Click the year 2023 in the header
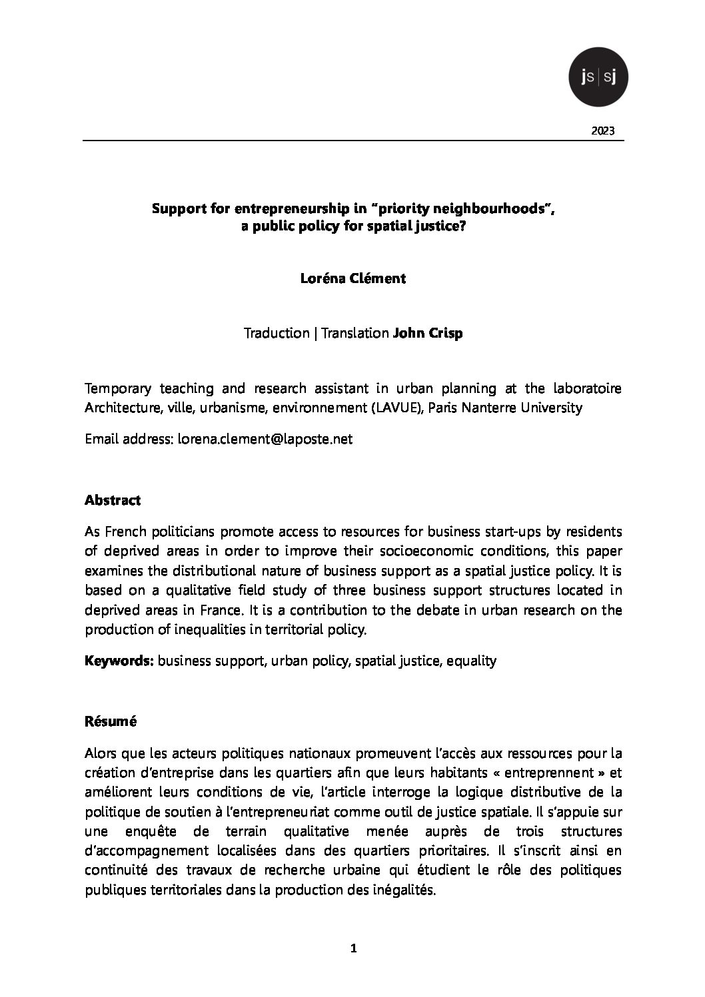[x=603, y=131]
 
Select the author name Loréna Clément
[x=352, y=278]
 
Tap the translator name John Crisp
[x=428, y=333]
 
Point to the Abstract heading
[x=113, y=500]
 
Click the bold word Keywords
[x=119, y=661]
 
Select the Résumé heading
[x=111, y=721]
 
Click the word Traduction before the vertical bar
[x=276, y=333]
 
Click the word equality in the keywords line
[x=471, y=661]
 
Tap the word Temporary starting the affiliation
[x=117, y=388]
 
